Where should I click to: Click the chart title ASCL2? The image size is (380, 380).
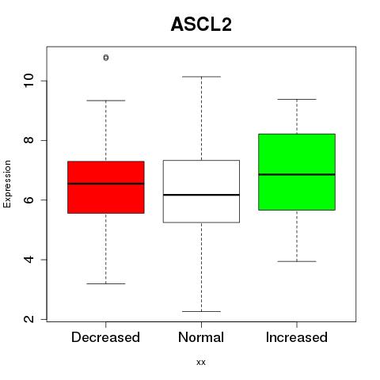click(201, 25)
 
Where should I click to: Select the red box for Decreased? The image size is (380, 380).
click(106, 187)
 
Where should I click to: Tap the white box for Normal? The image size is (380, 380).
click(201, 192)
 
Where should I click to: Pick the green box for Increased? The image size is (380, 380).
click(297, 172)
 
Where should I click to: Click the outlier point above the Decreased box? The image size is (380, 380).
click(106, 58)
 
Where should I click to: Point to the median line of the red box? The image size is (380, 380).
click(106, 184)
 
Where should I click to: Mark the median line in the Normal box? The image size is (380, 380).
click(201, 195)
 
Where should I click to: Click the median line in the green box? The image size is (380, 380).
click(297, 174)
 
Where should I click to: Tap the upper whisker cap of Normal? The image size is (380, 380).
click(201, 77)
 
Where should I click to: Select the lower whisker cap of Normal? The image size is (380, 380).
click(201, 311)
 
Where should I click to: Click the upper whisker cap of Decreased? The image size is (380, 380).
click(106, 101)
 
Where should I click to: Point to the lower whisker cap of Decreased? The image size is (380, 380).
click(106, 283)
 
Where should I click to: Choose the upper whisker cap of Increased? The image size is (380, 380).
click(297, 99)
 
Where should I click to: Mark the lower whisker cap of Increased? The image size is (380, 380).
click(297, 261)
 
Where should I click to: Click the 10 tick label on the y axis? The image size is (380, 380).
click(28, 81)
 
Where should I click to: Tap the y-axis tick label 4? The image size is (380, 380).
click(28, 260)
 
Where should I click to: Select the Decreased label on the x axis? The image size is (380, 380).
click(105, 337)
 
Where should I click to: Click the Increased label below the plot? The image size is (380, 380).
click(297, 337)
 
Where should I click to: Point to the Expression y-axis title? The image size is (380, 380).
click(7, 184)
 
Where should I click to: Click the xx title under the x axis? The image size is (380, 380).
click(201, 363)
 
